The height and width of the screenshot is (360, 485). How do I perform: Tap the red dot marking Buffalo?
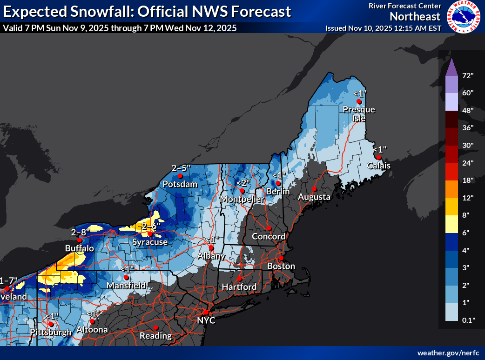(80, 240)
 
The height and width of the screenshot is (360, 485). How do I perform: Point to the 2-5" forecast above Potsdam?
(181, 167)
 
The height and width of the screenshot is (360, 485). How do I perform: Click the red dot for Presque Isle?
(359, 101)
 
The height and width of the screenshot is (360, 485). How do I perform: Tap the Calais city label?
(378, 166)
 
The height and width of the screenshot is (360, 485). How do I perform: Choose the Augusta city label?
(314, 197)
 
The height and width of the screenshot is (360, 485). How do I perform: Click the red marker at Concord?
(269, 228)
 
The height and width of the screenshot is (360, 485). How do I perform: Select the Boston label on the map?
(281, 266)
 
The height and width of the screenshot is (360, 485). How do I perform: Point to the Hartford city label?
(239, 287)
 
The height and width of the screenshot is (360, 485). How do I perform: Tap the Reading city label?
(156, 335)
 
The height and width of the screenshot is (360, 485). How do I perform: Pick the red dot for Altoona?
(93, 321)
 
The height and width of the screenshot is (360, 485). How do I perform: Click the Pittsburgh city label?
(51, 332)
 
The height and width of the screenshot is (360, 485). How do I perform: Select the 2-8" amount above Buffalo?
(79, 232)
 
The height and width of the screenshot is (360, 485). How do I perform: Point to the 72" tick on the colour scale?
(468, 75)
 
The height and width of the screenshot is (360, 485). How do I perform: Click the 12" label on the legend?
(468, 198)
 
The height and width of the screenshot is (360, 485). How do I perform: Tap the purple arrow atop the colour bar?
(451, 68)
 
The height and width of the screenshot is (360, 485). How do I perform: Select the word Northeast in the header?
(415, 17)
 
